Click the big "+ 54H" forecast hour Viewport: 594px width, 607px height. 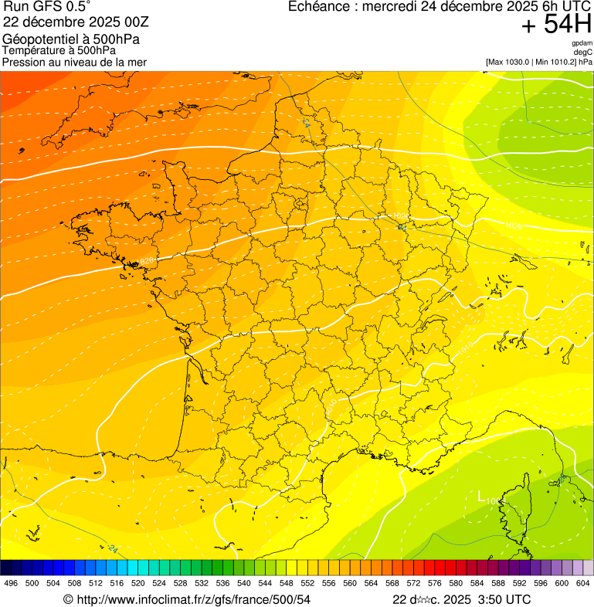pos(555,25)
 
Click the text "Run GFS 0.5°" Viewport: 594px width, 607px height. pos(47,7)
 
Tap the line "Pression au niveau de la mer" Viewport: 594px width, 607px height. pos(74,62)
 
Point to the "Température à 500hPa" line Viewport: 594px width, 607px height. pos(59,51)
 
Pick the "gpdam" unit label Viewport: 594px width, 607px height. pos(582,43)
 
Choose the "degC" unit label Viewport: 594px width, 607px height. pos(583,53)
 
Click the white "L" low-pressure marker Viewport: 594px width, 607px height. pos(481,497)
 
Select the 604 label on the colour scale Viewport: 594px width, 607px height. pos(583,584)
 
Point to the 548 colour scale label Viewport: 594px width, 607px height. pos(285,584)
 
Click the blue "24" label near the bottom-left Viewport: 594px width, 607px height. pos(114,549)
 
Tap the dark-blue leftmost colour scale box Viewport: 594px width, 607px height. pos(6,567)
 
